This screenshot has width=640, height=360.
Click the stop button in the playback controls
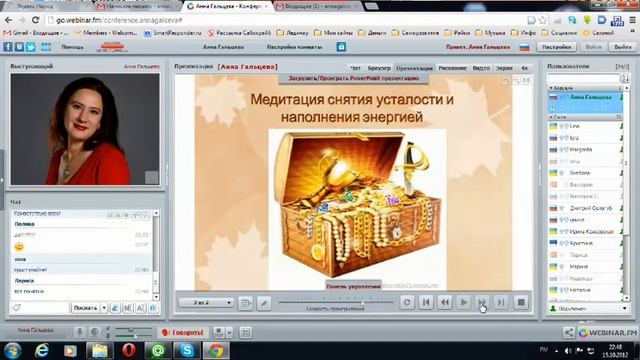[520, 302]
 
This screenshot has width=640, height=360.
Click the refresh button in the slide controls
[406, 302]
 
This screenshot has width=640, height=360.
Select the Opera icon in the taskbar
[130, 350]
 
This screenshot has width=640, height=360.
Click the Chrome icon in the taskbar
[216, 350]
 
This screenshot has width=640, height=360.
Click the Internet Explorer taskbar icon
[43, 350]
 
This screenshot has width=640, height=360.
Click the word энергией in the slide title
[386, 118]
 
